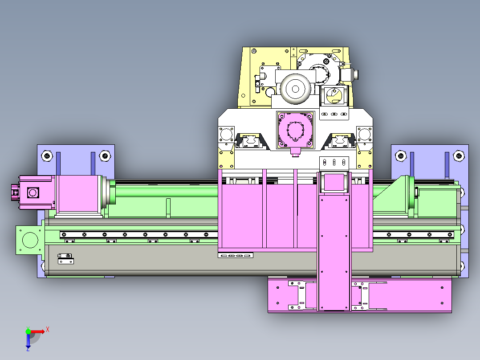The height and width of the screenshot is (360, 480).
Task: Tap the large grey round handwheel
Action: pos(295,89)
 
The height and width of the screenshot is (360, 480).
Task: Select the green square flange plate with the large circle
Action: pos(30,240)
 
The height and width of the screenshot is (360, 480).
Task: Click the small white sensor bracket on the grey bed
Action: pos(65,259)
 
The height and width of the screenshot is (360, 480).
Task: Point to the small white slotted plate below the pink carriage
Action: pos(236,255)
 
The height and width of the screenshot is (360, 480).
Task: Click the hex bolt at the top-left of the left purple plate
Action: pos(47,156)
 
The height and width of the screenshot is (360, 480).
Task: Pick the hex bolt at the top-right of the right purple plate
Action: pos(459,156)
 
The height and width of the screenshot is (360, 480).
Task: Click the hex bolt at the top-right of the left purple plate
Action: pos(105,156)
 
